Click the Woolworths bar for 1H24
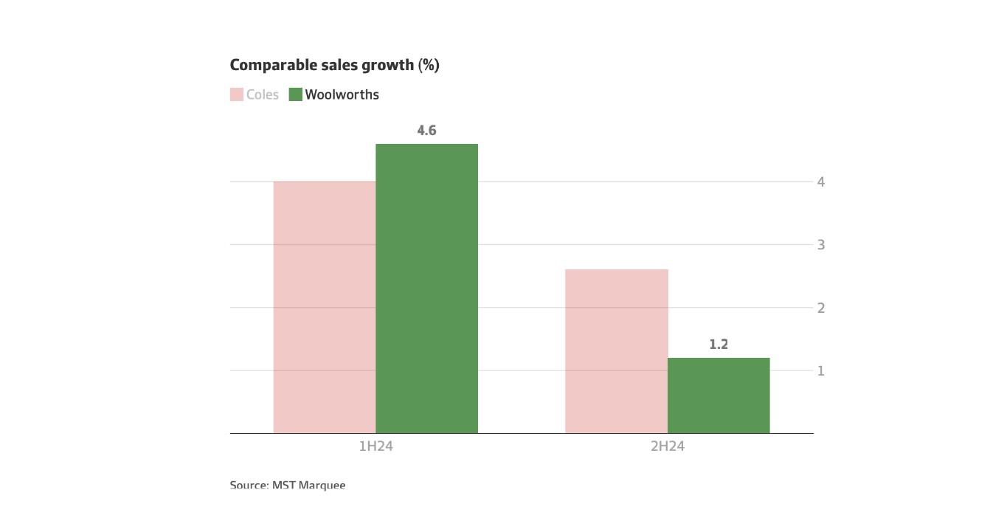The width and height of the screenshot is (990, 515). [x=426, y=288]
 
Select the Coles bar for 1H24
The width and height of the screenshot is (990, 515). [x=325, y=307]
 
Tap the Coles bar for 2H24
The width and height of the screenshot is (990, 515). [x=617, y=351]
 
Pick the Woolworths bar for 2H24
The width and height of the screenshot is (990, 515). [x=719, y=395]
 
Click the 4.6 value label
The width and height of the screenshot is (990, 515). [x=426, y=131]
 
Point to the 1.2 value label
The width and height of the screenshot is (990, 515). [x=719, y=345]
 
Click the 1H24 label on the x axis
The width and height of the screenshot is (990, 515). [x=375, y=446]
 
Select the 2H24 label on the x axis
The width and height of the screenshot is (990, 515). [x=668, y=446]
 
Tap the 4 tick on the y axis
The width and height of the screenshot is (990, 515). [x=820, y=182]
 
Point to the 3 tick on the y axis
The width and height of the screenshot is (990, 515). [x=820, y=244]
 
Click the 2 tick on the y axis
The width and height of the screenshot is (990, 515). [x=820, y=308]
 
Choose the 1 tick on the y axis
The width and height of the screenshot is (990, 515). [x=820, y=370]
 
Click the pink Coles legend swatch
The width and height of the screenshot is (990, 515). [x=237, y=94]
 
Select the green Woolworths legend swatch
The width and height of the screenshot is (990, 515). [x=295, y=94]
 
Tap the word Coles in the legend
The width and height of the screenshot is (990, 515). [x=263, y=95]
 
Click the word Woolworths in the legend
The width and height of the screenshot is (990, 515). [x=342, y=95]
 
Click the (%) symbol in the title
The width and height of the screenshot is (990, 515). [x=429, y=66]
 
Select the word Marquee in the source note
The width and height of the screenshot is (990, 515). [x=322, y=485]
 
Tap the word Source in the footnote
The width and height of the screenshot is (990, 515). [x=249, y=485]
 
